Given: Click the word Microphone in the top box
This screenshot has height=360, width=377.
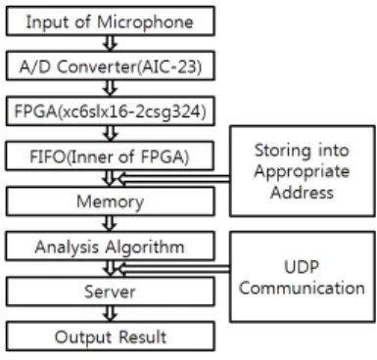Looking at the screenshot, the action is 145,22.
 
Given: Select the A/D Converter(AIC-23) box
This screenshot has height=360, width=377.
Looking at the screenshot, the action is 111,66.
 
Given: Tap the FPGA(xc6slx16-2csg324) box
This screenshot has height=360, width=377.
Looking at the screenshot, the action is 111,111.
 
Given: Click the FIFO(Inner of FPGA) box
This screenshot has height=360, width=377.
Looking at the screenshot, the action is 110,156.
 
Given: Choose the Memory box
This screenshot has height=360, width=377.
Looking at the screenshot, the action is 111,202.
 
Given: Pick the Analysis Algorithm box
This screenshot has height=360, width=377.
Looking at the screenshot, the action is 110,247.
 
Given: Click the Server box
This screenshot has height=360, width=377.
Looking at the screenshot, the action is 111,292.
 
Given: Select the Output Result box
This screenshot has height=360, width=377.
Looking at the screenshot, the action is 111,337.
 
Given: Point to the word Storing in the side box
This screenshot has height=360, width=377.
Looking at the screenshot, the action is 279,152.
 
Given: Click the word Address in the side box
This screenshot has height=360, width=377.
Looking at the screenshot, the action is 302,192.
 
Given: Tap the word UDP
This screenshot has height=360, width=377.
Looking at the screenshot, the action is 302,267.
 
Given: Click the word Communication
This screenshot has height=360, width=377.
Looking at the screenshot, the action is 302,288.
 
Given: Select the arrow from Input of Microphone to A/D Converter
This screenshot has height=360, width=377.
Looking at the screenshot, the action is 110,43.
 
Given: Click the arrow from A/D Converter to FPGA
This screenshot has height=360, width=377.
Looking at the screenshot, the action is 110,88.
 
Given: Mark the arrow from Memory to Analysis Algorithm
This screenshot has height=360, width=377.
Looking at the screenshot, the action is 110,224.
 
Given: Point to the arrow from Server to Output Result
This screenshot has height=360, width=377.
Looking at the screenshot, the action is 110,314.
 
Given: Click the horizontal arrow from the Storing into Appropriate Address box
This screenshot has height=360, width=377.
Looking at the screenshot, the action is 173,179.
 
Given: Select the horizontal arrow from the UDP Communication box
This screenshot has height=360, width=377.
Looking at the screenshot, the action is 173,269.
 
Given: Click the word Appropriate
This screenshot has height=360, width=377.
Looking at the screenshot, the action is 302,172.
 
